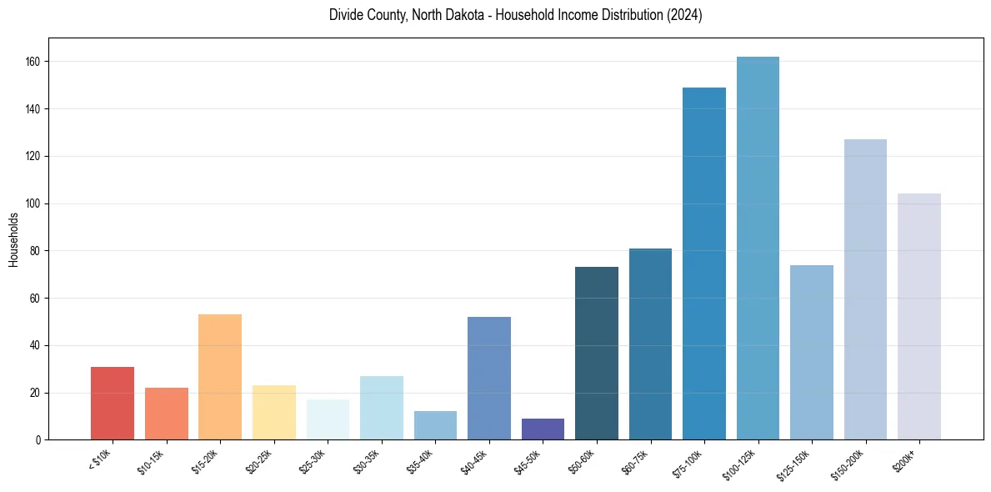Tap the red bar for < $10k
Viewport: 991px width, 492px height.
pos(113,404)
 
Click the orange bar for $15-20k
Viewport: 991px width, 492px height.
pos(220,377)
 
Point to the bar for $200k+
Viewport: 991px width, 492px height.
pos(918,317)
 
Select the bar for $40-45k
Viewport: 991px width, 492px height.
pos(488,379)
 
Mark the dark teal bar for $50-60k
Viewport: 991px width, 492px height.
pos(596,354)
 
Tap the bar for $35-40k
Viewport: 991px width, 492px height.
pos(435,425)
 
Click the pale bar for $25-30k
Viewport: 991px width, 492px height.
pos(328,419)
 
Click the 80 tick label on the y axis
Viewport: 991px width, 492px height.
pos(40,251)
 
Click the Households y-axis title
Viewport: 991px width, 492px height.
pos(14,239)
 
